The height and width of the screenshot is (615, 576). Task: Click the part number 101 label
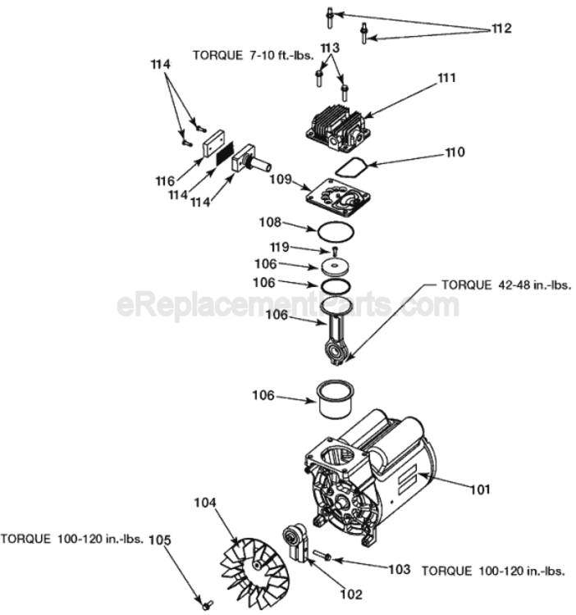coord(479,490)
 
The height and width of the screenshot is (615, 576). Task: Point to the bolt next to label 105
coord(207,604)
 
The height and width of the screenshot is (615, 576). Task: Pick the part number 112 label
coord(501,29)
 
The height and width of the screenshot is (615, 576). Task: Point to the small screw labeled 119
coord(335,250)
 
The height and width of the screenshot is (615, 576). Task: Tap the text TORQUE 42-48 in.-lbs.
coord(506,285)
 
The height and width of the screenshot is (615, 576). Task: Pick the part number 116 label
coord(166,180)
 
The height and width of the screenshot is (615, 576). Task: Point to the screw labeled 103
coord(323,556)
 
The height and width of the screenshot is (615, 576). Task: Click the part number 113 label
coord(330,48)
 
